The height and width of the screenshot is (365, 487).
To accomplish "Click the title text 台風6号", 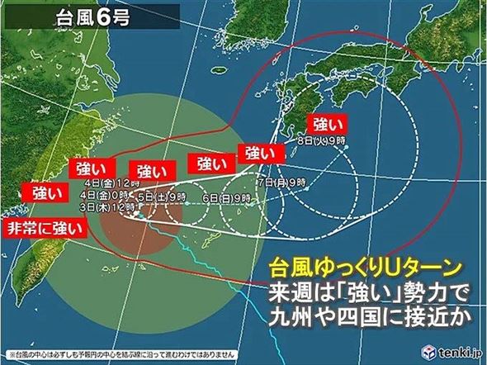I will [x=91, y=17].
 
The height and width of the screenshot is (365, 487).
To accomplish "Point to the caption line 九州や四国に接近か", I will [x=368, y=316].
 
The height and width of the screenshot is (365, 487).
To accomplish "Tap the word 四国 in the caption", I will [x=357, y=316].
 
